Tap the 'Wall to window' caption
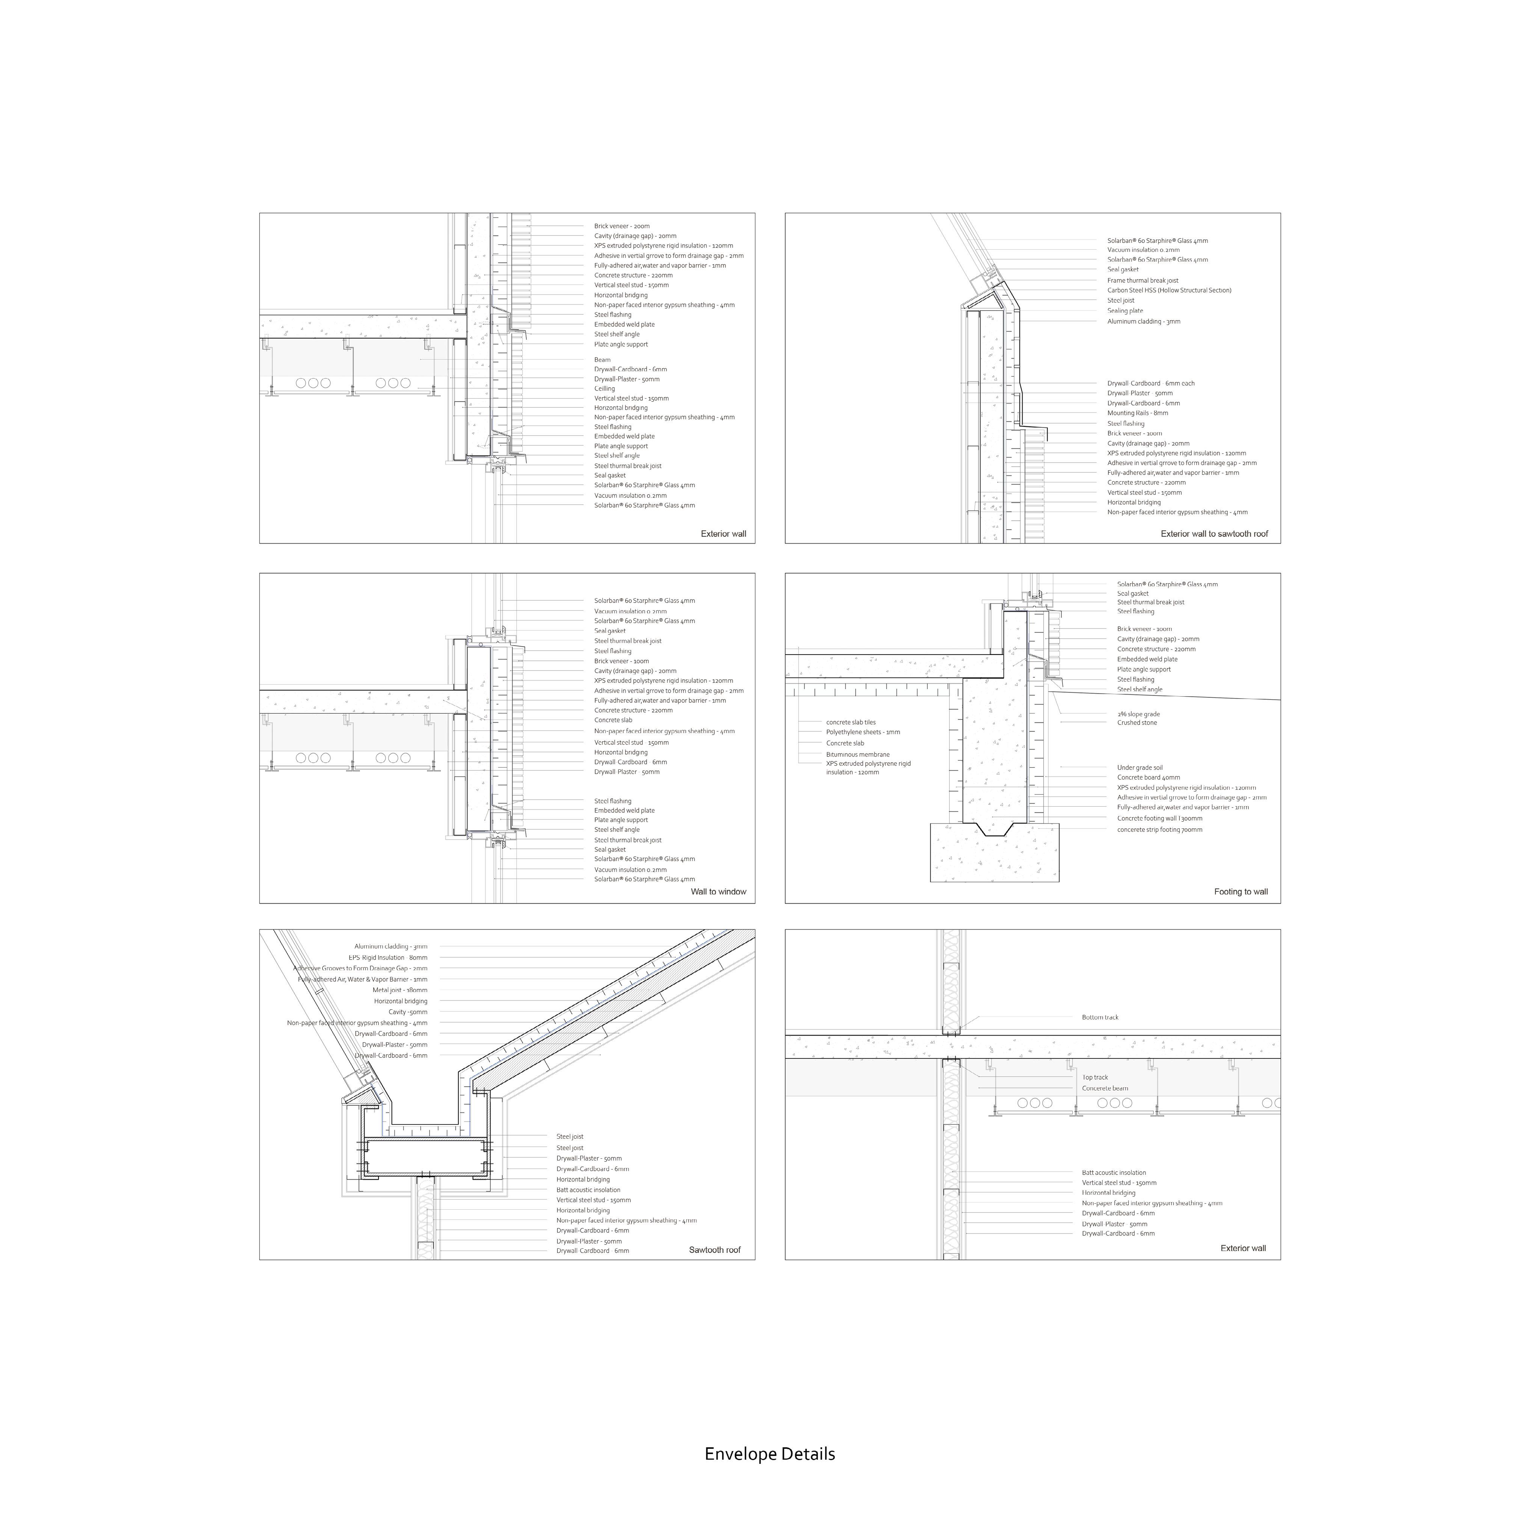(x=718, y=891)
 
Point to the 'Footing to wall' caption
(x=1240, y=891)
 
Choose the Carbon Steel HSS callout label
(x=1168, y=290)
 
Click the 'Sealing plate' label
(x=1125, y=310)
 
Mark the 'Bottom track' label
(x=1099, y=1017)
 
